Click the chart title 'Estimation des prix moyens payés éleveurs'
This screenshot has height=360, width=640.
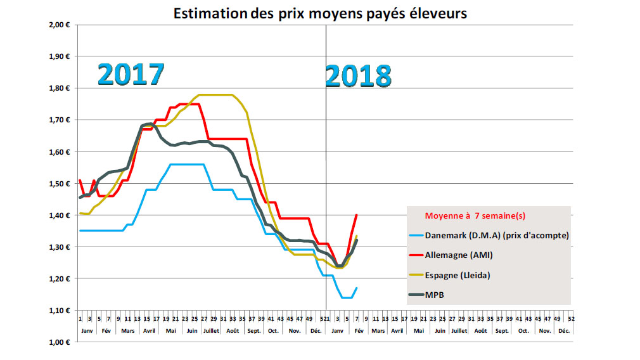[x=320, y=13]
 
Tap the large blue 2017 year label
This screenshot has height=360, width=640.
[x=131, y=75]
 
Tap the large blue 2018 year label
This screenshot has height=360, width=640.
[x=358, y=76]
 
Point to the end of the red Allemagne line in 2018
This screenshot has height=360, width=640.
[x=357, y=215]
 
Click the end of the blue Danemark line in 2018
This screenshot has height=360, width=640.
[x=357, y=288]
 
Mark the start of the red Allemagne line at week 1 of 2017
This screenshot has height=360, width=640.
[x=80, y=180]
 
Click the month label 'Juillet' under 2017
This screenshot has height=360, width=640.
[x=212, y=331]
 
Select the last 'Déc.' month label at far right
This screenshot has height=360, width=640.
[x=563, y=331]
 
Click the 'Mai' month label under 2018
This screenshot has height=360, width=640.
[x=419, y=331]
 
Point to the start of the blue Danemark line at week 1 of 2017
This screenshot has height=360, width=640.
[x=80, y=231]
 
